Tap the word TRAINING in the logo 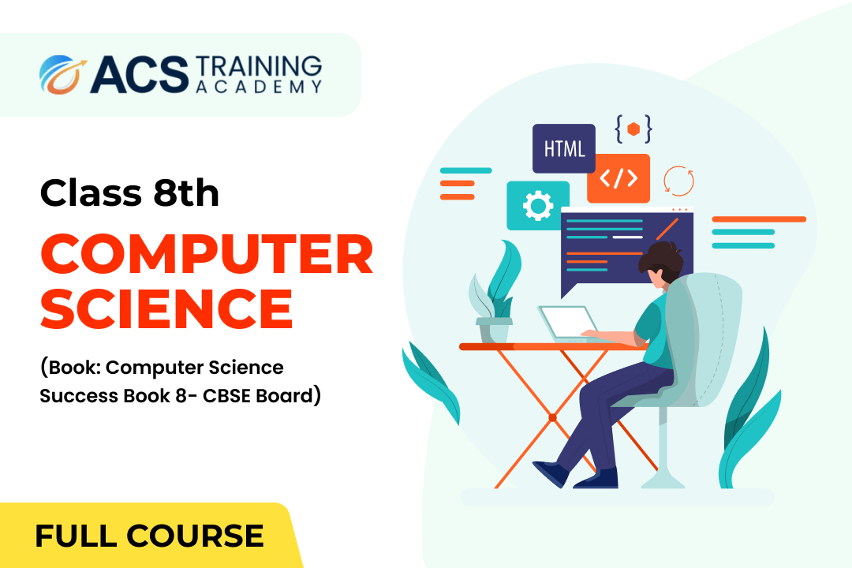(x=259, y=66)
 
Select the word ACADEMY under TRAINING (x=259, y=87)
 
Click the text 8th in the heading (x=186, y=192)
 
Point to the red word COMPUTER (x=207, y=254)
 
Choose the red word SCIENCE (x=166, y=308)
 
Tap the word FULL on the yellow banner (x=76, y=536)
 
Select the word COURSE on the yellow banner (x=195, y=536)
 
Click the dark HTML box (x=564, y=148)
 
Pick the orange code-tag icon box (x=618, y=178)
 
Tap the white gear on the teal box (x=538, y=205)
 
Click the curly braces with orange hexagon (x=633, y=129)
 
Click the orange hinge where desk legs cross (x=552, y=417)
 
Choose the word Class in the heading (x=92, y=192)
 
